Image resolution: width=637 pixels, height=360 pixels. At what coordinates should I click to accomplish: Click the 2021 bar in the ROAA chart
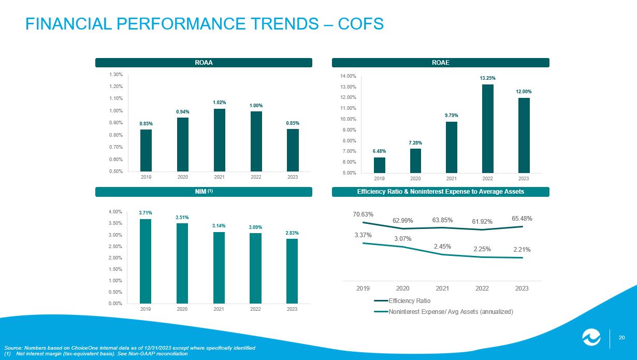tap(219, 140)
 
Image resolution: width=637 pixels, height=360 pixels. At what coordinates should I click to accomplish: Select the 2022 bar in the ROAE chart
tap(488, 128)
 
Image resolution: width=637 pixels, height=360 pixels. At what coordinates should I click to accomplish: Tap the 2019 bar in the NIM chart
tap(146, 261)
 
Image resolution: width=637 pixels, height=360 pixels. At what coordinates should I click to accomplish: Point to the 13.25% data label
tap(487, 78)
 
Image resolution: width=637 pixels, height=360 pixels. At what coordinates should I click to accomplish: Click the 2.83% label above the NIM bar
tap(292, 233)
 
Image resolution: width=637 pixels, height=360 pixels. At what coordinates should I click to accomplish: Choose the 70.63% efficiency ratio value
tap(363, 214)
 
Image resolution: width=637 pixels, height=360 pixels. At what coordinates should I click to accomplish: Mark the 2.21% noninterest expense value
tap(522, 250)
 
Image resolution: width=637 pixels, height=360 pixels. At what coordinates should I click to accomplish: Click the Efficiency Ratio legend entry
tap(402, 300)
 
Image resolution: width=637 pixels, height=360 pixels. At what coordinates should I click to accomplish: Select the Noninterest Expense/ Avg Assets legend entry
tap(443, 312)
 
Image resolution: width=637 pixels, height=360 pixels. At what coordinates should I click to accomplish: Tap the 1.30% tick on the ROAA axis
tap(115, 75)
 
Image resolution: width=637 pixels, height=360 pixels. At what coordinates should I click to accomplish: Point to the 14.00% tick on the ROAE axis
tap(348, 76)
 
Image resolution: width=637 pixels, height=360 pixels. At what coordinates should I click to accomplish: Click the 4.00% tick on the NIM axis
tap(115, 212)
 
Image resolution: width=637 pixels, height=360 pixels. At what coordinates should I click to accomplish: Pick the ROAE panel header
tap(441, 63)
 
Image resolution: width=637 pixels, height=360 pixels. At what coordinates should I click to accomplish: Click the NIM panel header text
tap(204, 192)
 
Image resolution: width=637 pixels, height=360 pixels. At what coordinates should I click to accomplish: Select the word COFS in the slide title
tap(360, 24)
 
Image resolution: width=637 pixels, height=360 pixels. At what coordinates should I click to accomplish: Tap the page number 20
tap(621, 338)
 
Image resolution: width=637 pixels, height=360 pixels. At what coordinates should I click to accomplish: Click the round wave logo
tap(591, 337)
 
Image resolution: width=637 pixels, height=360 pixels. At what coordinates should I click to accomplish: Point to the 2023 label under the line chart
tap(522, 289)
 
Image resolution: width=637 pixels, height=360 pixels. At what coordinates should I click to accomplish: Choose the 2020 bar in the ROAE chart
tap(415, 161)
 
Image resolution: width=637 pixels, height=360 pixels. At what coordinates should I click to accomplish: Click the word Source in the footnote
tap(13, 348)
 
